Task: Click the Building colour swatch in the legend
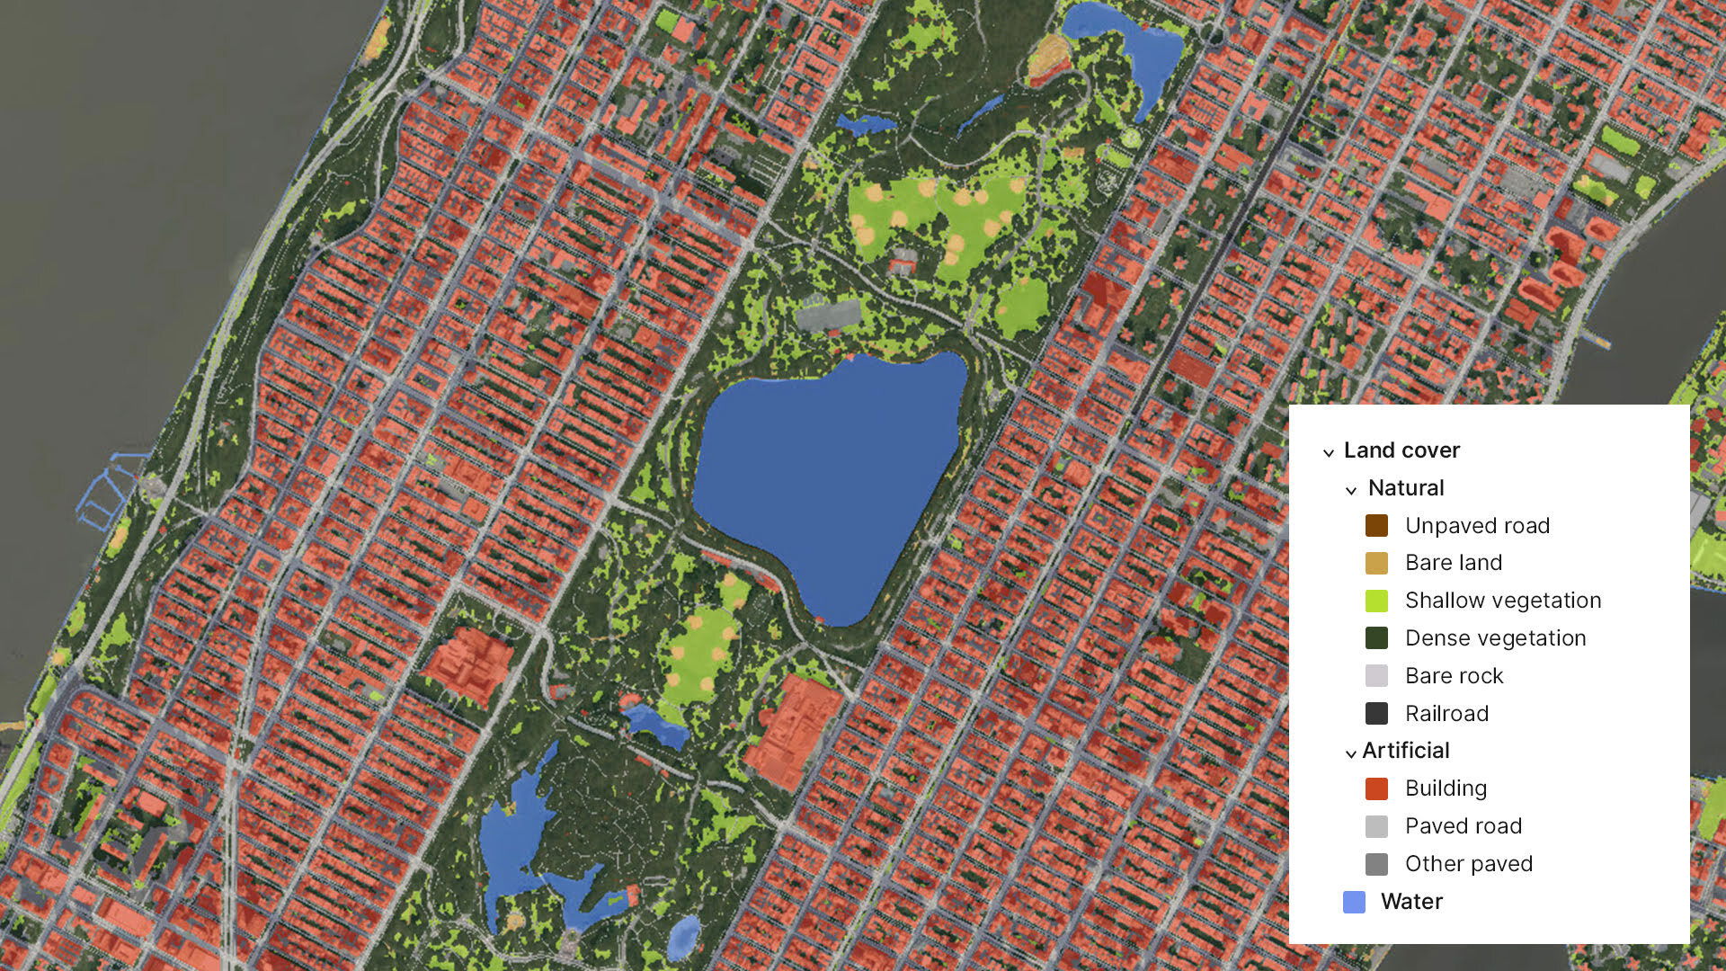click(1376, 788)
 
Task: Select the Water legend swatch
click(1354, 902)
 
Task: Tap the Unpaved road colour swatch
click(1376, 526)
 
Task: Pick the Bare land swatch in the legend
click(1376, 563)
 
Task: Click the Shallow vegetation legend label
click(1503, 601)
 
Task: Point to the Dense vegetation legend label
click(1495, 638)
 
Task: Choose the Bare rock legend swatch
click(1376, 676)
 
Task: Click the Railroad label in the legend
click(1446, 714)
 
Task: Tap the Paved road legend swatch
click(1376, 826)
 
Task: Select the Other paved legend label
click(1469, 864)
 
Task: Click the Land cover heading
click(1401, 450)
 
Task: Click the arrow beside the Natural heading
click(1350, 490)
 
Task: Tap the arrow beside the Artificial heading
click(1350, 753)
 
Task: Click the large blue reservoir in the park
click(827, 477)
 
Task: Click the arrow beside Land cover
click(1329, 452)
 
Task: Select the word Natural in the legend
click(1406, 488)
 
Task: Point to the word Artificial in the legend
click(1406, 751)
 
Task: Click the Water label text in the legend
click(1411, 902)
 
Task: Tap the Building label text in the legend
click(1446, 788)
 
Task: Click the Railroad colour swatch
click(1376, 714)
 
